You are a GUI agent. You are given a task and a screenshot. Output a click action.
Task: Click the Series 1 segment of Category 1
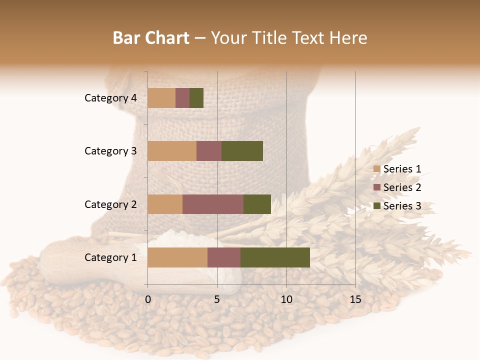[177, 257]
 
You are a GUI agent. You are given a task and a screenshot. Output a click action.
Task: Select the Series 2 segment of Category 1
[224, 257]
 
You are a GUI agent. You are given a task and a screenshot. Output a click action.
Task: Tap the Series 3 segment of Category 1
[275, 257]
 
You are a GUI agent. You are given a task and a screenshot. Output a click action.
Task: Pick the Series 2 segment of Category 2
[213, 204]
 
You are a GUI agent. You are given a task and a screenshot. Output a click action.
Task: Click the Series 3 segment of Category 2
[257, 204]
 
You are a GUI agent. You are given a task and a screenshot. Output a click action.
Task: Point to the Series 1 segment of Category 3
[172, 151]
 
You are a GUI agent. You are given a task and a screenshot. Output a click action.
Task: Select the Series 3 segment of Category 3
[242, 151]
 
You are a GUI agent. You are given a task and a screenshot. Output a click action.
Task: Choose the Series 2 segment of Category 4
[182, 98]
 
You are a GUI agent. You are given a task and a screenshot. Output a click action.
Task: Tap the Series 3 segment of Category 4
[196, 98]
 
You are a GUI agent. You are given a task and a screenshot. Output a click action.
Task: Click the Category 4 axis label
[110, 98]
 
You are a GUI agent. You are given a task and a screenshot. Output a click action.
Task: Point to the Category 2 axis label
[110, 204]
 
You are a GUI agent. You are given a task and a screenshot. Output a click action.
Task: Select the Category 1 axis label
[110, 257]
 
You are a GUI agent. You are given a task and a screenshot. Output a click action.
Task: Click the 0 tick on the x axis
[148, 299]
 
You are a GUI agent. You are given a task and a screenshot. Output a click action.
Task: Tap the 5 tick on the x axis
[217, 299]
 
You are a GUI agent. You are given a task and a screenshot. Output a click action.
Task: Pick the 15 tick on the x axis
[355, 299]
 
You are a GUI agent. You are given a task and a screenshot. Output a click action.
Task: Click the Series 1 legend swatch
[376, 169]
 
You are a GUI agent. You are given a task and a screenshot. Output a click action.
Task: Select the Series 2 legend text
[402, 187]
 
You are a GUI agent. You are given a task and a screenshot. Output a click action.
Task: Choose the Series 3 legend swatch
[376, 206]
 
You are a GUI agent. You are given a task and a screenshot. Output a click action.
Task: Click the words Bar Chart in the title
[151, 38]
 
